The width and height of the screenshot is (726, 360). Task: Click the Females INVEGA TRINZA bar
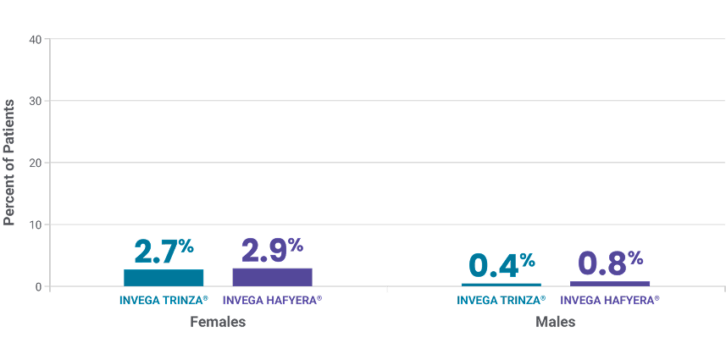coord(163,278)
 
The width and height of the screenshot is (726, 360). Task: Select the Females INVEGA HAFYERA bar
coord(272,277)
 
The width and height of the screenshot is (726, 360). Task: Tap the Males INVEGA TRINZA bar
coord(502,285)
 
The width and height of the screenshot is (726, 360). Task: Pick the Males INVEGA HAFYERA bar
coord(610,284)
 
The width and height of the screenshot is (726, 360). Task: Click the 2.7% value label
coord(164,252)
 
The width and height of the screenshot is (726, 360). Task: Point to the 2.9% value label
coord(272,251)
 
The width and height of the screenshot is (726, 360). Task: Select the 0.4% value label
coord(502,264)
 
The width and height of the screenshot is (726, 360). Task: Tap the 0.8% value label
coord(610,263)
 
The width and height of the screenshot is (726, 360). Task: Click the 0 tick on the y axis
coord(38,287)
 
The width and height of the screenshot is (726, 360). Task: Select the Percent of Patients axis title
coord(10,162)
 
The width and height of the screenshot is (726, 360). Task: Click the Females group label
coord(218,323)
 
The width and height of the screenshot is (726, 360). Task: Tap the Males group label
coord(556,323)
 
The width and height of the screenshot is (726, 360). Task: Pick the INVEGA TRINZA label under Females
coord(163,301)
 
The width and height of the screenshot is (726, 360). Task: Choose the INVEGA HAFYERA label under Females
coord(272,301)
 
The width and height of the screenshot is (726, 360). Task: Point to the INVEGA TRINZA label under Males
coord(502,301)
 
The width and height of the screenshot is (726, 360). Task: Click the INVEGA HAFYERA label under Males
coord(610,301)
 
